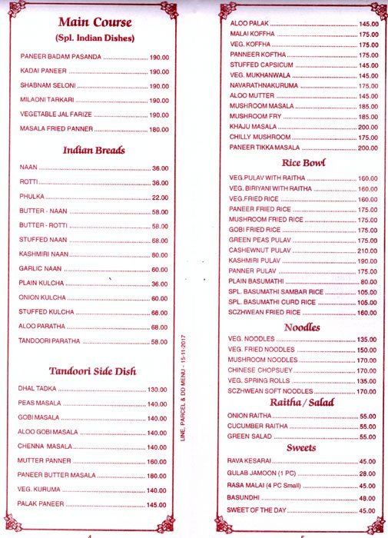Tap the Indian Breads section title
pos(94,150)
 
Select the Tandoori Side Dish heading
pos(92,370)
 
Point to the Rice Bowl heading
pos(303,162)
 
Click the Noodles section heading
pos(302,327)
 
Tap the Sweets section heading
pos(302,447)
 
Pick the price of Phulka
pos(160,196)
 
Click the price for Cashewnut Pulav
pos(367,251)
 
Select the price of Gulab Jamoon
pos(367,473)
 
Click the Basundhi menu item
pos(246,498)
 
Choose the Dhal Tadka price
pos(158,389)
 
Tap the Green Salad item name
pos(250,437)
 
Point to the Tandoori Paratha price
pos(160,342)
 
